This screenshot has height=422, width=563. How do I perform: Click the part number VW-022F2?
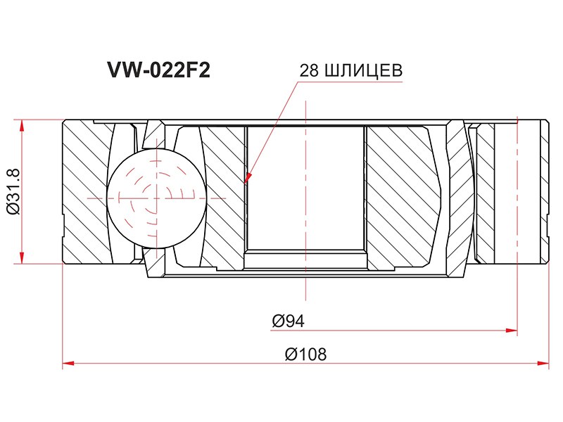158,70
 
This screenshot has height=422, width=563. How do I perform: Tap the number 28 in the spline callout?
309,71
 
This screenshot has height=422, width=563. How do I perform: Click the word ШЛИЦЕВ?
363,71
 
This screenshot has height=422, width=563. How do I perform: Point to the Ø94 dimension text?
288,321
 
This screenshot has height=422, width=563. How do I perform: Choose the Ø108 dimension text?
305,354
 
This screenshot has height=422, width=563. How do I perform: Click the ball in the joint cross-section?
157,198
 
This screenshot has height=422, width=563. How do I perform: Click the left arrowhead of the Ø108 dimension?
68,363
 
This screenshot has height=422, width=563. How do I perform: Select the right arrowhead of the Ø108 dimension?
543,363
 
